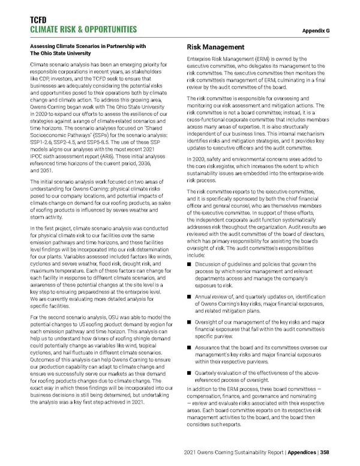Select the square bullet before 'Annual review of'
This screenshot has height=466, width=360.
(190, 297)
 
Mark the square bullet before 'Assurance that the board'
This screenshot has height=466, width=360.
(190, 348)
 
